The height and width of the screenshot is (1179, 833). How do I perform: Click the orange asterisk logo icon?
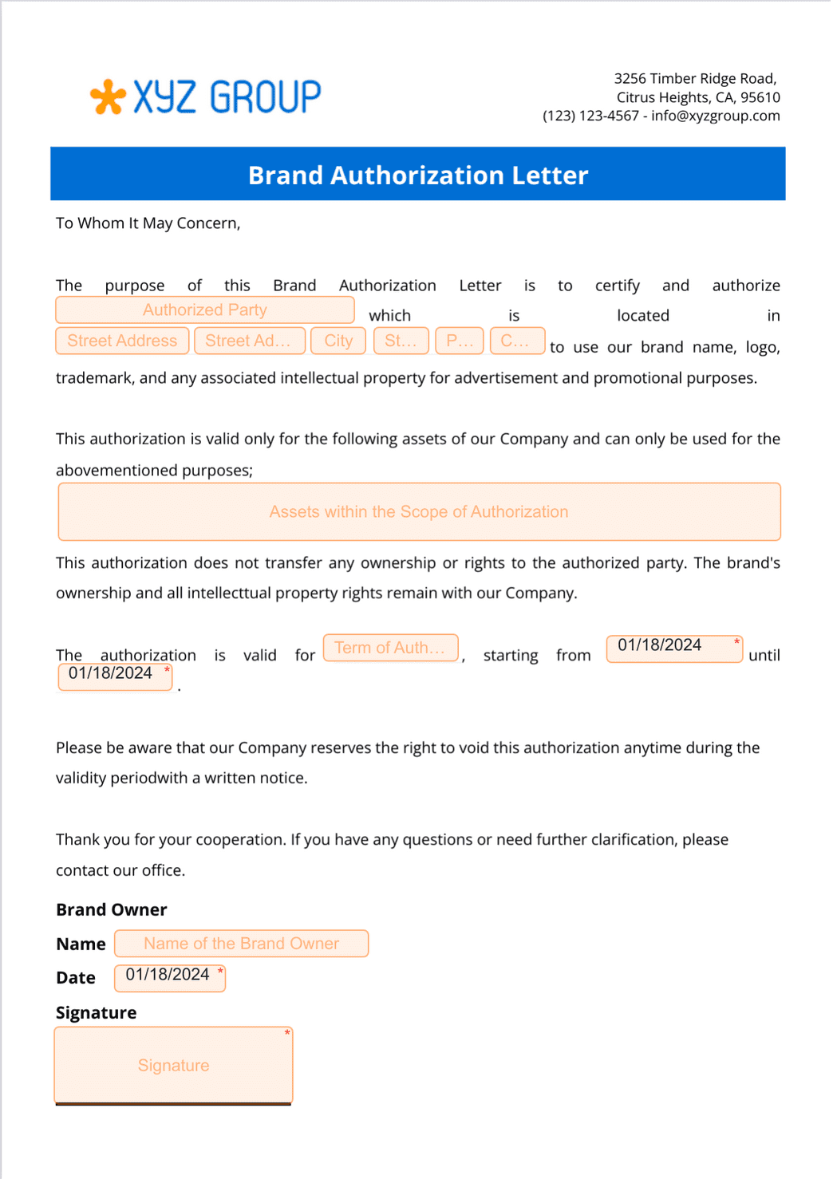(x=108, y=97)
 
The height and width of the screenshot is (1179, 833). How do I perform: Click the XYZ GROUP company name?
(x=227, y=97)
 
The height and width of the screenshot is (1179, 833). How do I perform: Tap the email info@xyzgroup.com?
(x=715, y=116)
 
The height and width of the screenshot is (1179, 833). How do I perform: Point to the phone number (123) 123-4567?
(x=590, y=116)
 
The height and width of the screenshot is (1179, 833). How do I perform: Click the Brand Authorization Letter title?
(x=417, y=175)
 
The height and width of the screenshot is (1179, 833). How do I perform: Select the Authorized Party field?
(x=205, y=310)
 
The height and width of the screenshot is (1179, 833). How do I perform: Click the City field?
(x=338, y=341)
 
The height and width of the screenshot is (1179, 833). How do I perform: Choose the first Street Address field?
(x=122, y=341)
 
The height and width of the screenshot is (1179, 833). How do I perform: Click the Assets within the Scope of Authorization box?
(x=419, y=512)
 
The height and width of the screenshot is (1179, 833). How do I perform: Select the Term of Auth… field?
(x=390, y=648)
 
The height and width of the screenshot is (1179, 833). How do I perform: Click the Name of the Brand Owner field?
(x=241, y=944)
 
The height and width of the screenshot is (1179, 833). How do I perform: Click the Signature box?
(x=173, y=1066)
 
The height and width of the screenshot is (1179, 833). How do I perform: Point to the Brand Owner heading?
(x=112, y=910)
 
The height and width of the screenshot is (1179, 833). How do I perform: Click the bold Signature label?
(x=96, y=1013)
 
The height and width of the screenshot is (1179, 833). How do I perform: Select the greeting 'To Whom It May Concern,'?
(x=148, y=223)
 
